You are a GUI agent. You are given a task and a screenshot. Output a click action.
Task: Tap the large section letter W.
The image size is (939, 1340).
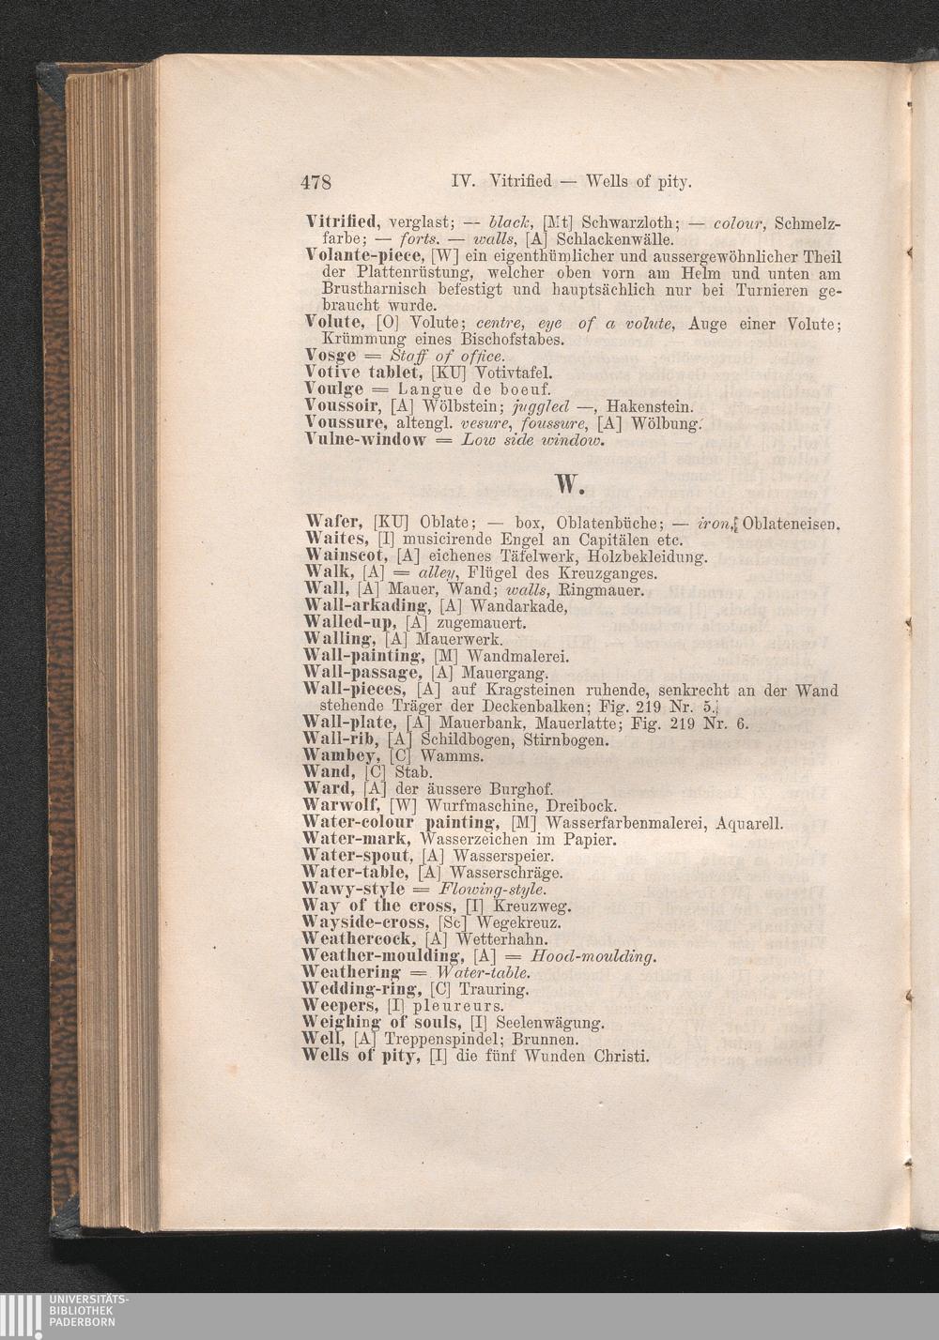pos(571,482)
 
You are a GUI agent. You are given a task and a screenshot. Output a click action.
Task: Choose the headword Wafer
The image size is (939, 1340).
pos(335,522)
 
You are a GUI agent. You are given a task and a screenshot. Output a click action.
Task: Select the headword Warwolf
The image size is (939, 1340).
pos(341,805)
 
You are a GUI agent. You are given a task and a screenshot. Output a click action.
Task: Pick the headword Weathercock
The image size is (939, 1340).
pos(360,939)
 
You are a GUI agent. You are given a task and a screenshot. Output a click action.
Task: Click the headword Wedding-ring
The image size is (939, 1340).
pos(362,989)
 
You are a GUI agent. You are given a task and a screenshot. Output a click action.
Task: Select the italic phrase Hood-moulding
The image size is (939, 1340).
pos(593,956)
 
